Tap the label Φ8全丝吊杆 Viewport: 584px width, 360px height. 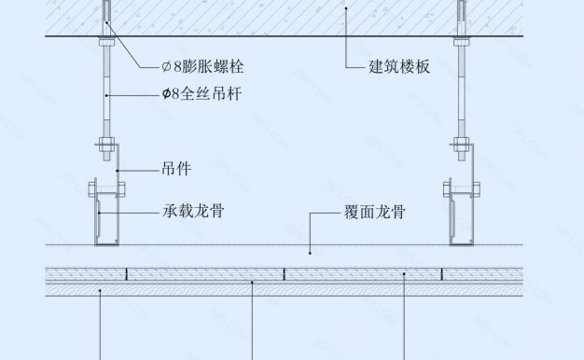203,94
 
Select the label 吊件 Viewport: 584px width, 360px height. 176,169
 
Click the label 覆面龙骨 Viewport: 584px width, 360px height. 374,212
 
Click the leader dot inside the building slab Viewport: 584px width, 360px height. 346,8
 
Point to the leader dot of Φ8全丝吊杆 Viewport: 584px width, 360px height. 108,94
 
